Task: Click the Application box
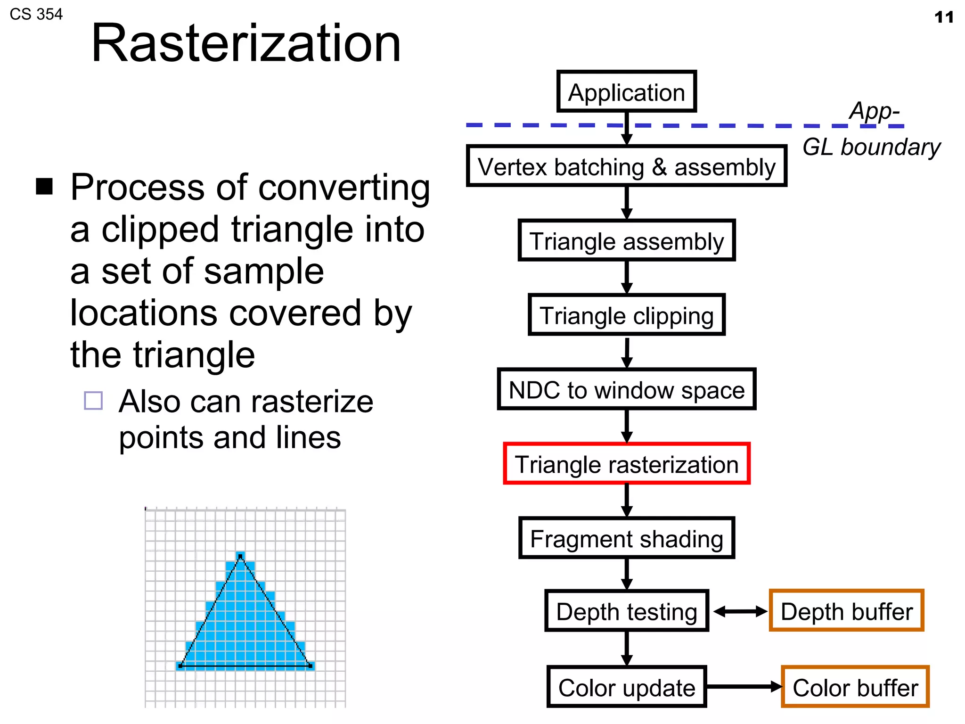[626, 91]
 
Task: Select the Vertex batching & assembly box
[626, 166]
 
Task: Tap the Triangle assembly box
[626, 240]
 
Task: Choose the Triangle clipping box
[626, 315]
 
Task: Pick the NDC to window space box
[626, 389]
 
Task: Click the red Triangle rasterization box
[626, 464]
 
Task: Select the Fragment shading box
[626, 538]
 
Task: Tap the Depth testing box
[626, 611]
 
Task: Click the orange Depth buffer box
[846, 611]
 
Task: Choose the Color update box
[626, 687]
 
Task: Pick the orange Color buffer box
[855, 687]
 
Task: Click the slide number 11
[944, 17]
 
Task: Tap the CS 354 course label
[36, 14]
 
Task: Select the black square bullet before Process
[44, 187]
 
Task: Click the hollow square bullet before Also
[93, 401]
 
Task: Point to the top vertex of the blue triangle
[240, 557]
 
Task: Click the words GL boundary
[871, 147]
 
